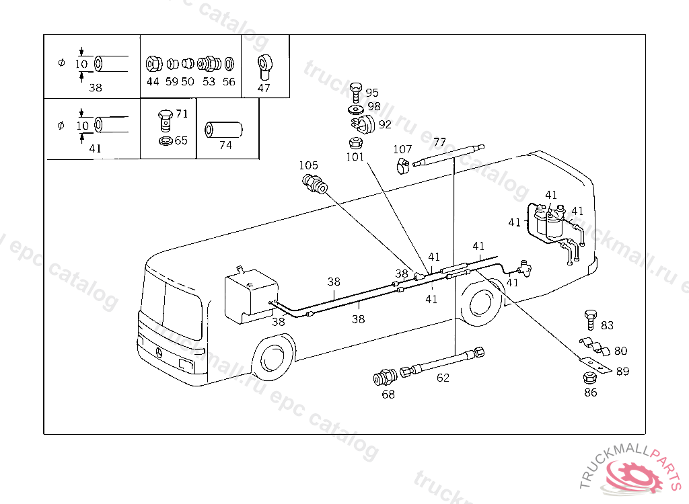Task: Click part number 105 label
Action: tap(309, 165)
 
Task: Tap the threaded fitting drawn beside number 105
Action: tap(314, 183)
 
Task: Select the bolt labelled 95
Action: tap(356, 91)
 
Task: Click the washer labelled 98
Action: tap(356, 108)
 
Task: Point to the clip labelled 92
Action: tap(363, 124)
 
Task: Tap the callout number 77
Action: tap(439, 142)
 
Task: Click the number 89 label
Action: tap(622, 371)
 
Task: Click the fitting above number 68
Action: tap(385, 377)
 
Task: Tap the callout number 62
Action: tap(443, 378)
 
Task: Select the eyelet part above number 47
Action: tap(264, 66)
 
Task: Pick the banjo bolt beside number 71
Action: tap(164, 120)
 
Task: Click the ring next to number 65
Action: tap(164, 142)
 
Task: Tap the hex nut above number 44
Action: tap(153, 65)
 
